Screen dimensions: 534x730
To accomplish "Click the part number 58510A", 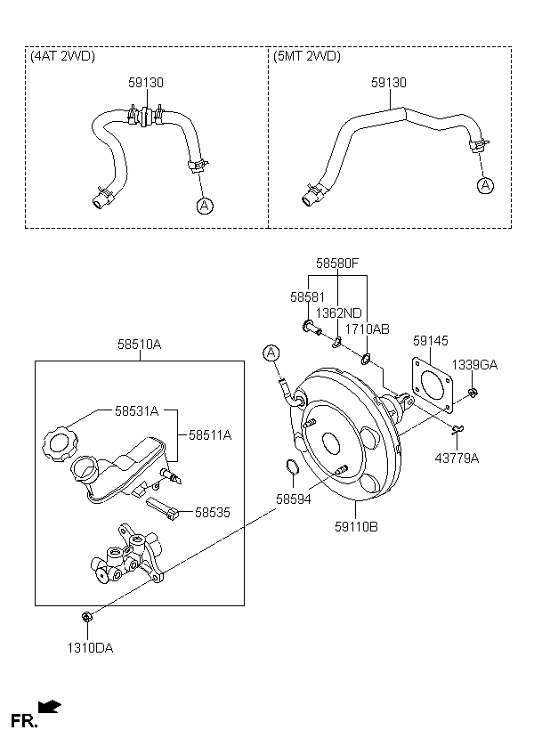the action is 139,345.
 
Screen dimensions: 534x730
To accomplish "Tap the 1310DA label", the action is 90,648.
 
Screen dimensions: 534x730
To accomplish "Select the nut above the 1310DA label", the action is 86,617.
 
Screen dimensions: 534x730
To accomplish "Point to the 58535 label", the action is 213,513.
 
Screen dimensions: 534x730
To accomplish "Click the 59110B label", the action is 356,527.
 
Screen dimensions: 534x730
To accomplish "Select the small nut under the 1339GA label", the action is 473,393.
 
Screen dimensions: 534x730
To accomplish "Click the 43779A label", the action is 457,458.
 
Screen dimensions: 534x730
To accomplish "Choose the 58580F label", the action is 337,264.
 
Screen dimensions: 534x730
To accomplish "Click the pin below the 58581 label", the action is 311,328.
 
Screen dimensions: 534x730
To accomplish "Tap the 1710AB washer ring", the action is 366,359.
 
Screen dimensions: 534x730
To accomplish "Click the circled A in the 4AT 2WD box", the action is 205,206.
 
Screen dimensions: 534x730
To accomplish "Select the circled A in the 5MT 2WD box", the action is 486,185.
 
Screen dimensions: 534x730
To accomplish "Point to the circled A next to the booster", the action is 271,353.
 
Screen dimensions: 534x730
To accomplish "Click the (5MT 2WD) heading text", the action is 307,56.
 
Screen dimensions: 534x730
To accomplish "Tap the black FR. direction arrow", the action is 49,707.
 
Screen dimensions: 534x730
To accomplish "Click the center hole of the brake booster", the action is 331,443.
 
